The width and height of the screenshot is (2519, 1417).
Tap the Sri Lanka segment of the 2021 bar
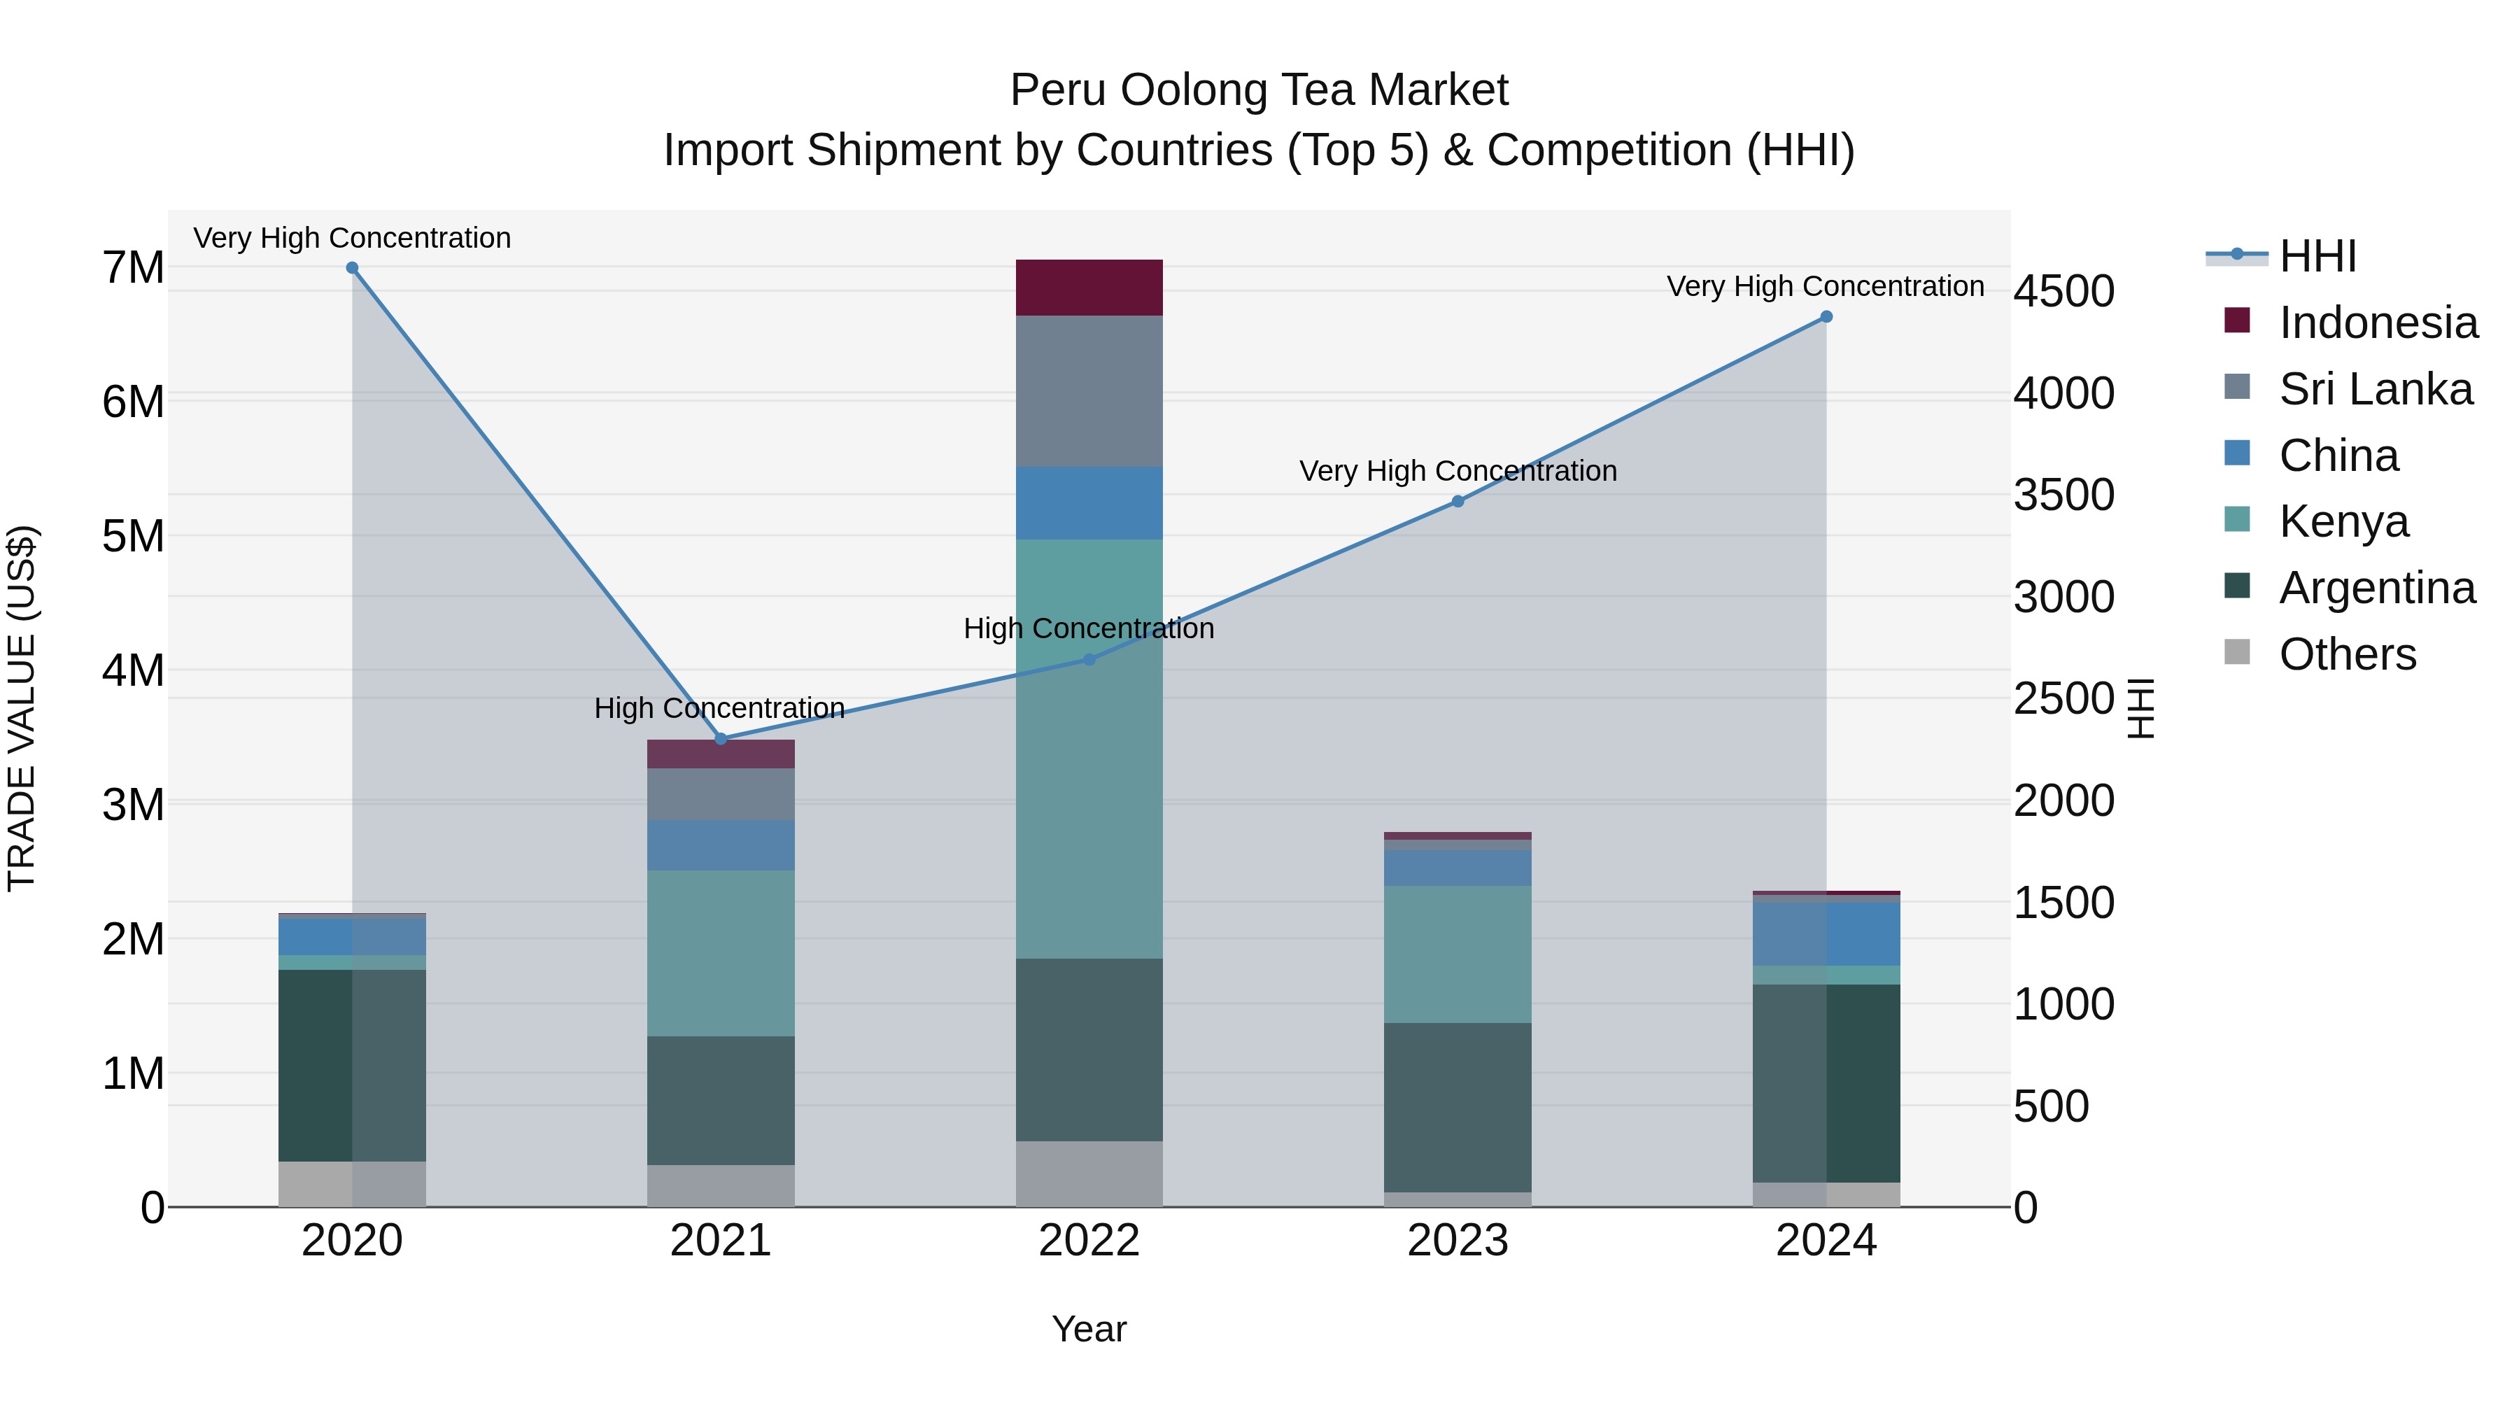coord(721,794)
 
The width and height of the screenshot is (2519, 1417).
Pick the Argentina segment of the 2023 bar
coord(1457,1107)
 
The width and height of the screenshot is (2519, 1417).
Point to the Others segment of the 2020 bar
coord(352,1183)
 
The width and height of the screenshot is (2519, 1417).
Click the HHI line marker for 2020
coord(352,268)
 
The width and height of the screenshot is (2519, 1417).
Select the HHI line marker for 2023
coord(1457,502)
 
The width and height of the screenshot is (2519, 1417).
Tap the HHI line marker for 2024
coord(1826,317)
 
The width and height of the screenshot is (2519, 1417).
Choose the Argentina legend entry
coord(2376,588)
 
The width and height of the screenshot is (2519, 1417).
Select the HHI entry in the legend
coord(2317,256)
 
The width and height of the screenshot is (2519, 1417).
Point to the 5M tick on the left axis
coord(134,536)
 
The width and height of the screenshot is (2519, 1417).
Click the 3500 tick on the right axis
coord(2063,495)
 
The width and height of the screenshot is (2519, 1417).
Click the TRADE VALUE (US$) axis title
coord(22,708)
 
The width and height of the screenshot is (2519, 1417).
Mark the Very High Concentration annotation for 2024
coord(1825,285)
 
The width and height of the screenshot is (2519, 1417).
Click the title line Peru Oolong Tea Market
coord(1259,90)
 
